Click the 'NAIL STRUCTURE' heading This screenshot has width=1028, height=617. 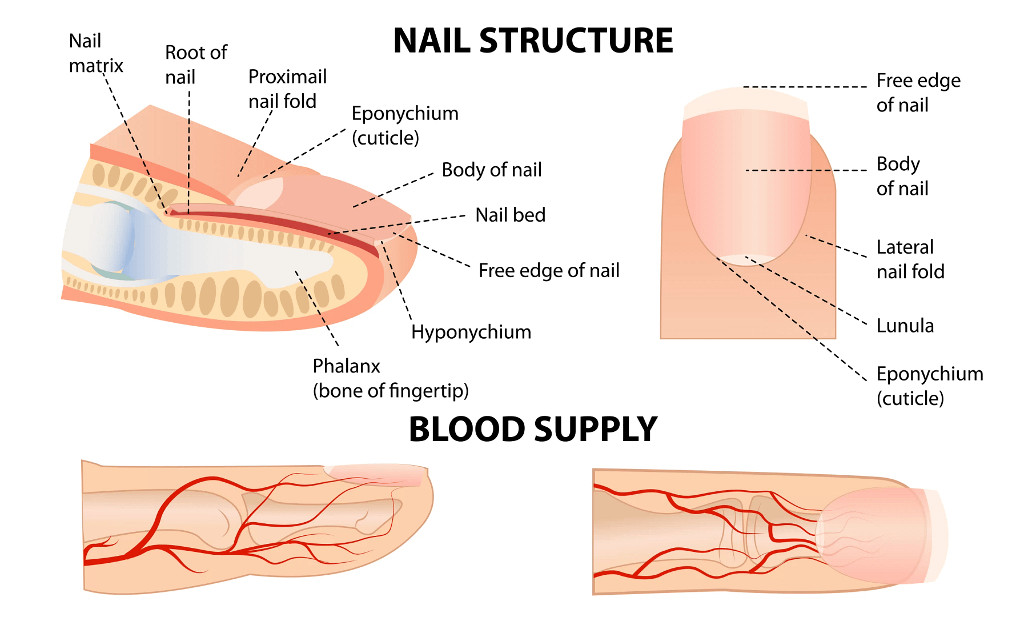point(533,41)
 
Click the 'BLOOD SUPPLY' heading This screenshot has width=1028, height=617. point(533,430)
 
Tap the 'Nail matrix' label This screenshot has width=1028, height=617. point(95,53)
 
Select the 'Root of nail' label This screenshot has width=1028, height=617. point(195,65)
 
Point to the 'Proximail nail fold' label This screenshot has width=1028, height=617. point(287,89)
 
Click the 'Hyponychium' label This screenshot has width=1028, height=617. point(471,332)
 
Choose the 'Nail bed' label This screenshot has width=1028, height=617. point(510,215)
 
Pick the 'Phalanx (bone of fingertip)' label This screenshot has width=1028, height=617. point(390,378)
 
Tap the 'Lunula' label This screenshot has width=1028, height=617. point(905,326)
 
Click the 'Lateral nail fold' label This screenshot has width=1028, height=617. point(910,259)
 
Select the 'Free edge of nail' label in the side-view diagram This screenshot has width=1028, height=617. point(548,270)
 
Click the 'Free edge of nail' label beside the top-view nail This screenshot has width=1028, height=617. point(918,93)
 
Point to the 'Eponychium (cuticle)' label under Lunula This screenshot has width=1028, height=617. point(929,386)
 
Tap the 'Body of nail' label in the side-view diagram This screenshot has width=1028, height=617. point(491,170)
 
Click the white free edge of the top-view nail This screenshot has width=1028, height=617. point(745,102)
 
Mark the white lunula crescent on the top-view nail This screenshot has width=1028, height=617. point(745,260)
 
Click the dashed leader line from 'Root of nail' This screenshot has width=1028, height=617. point(189,149)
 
